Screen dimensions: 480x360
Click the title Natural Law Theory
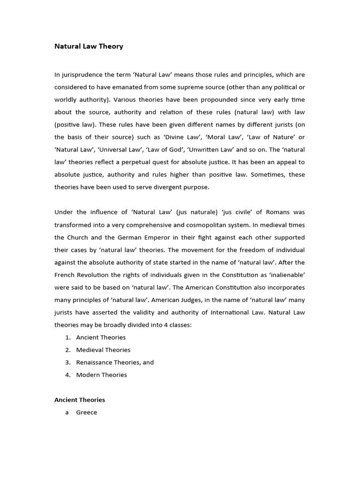89,46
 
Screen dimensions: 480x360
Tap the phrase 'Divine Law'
213,137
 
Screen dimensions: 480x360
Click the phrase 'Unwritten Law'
217,150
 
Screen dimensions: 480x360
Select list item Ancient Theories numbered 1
101,337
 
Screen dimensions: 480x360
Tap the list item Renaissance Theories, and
115,362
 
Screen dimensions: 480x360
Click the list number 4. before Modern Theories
68,375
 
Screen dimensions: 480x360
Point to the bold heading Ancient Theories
80,400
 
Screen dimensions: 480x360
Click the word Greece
87,412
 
